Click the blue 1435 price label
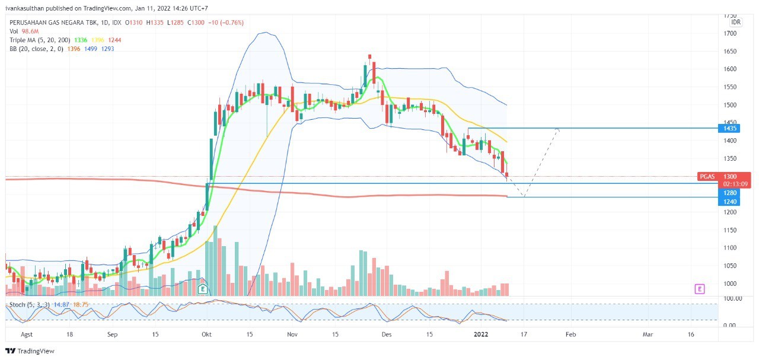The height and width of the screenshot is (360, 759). (729, 128)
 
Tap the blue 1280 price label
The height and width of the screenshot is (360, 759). (729, 193)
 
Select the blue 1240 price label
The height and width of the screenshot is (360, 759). (729, 202)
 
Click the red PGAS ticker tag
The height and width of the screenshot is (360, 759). (708, 177)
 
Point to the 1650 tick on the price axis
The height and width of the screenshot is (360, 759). (729, 52)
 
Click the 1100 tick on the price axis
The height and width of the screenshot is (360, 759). (729, 248)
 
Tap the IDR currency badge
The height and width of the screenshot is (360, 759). (735, 22)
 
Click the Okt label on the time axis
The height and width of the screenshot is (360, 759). (207, 334)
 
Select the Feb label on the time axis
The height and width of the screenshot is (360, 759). (570, 334)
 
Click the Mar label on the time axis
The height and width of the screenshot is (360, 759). (648, 334)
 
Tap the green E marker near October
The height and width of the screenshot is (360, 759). (202, 289)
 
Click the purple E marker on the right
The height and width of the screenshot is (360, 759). (700, 289)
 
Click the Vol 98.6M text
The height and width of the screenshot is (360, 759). (24, 31)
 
